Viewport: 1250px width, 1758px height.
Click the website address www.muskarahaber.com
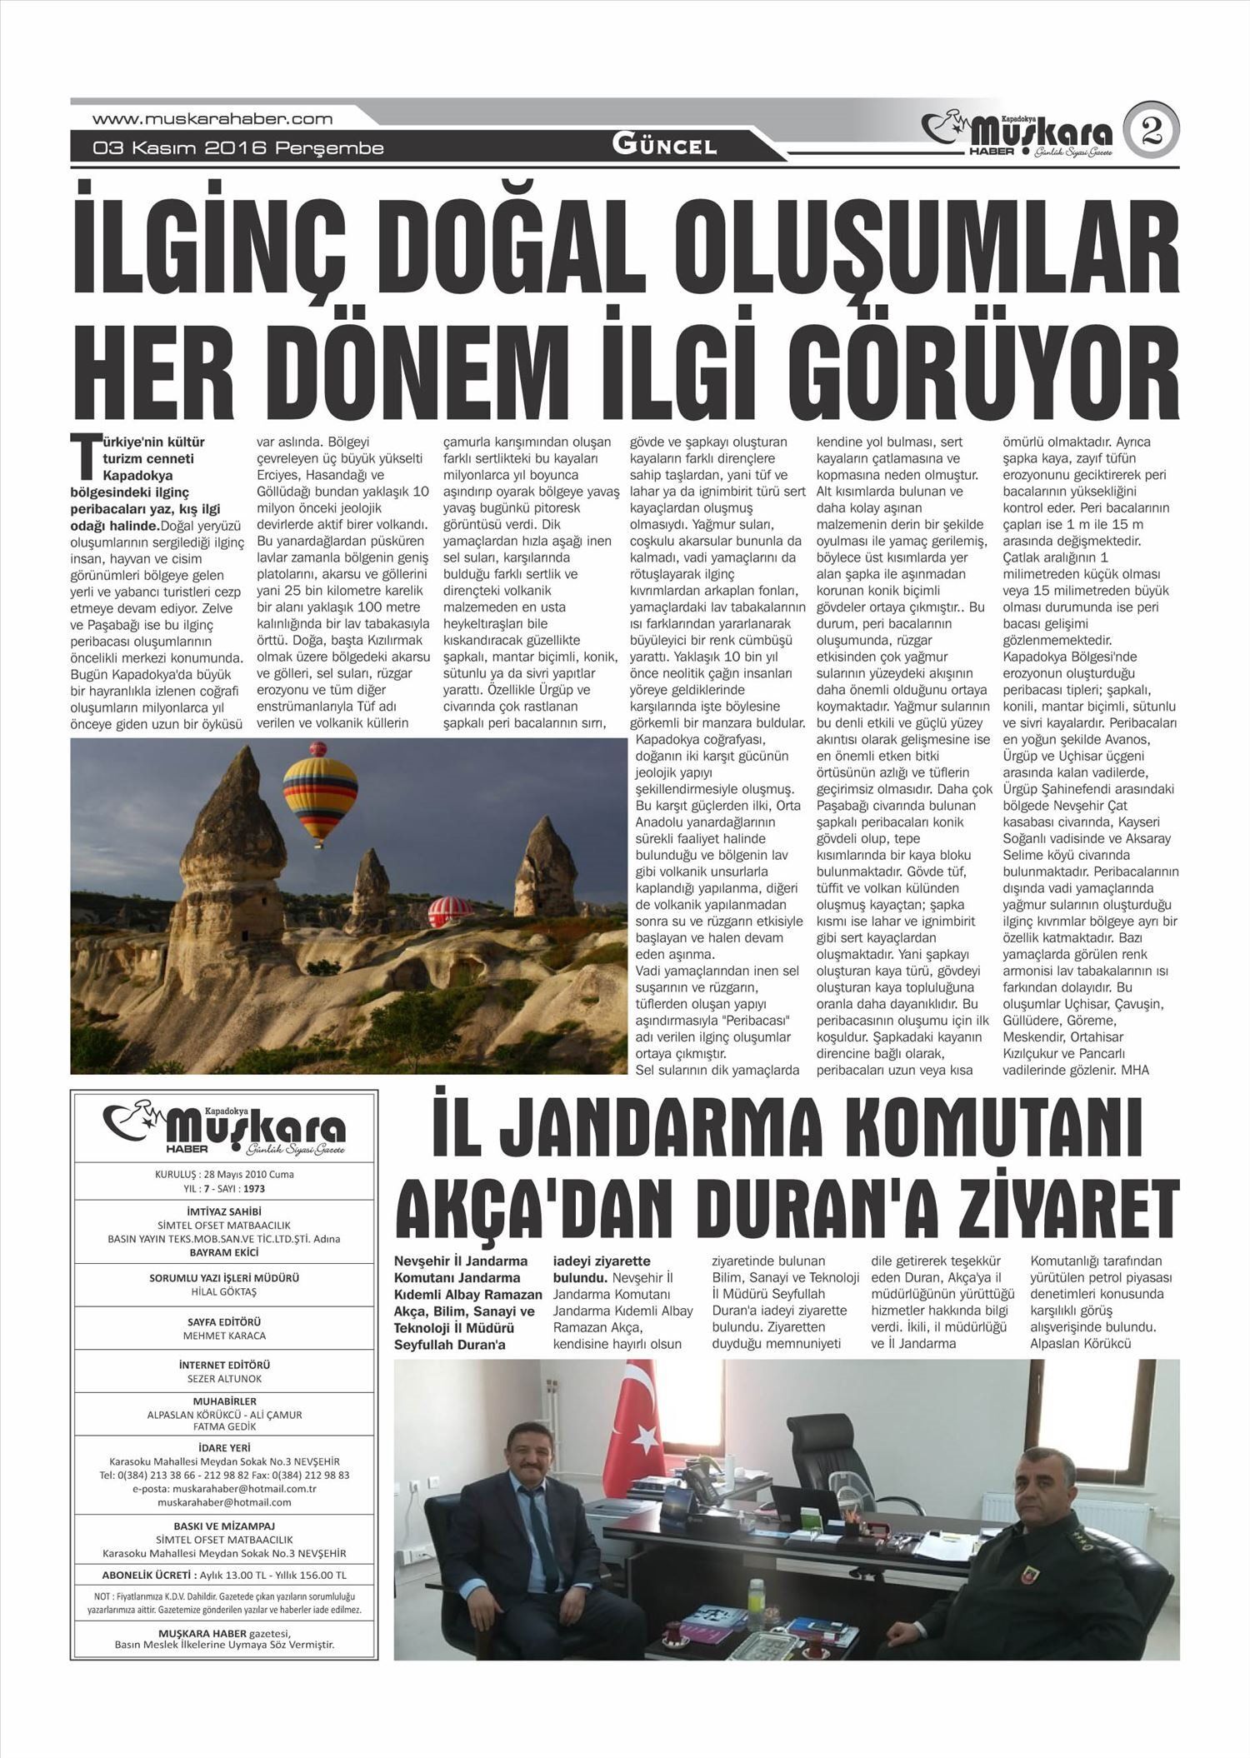pyautogui.click(x=212, y=119)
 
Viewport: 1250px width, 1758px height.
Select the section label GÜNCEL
pyautogui.click(x=664, y=146)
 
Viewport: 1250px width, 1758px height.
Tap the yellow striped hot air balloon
pyautogui.click(x=320, y=792)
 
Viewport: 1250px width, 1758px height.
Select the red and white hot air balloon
pyautogui.click(x=449, y=911)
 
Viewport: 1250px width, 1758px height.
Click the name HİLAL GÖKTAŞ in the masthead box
pyautogui.click(x=224, y=1291)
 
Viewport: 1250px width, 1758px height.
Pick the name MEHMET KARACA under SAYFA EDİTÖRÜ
pyautogui.click(x=224, y=1336)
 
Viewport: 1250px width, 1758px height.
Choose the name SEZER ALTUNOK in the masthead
pyautogui.click(x=224, y=1379)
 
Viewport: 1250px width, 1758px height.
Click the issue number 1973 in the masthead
pyautogui.click(x=254, y=1188)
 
